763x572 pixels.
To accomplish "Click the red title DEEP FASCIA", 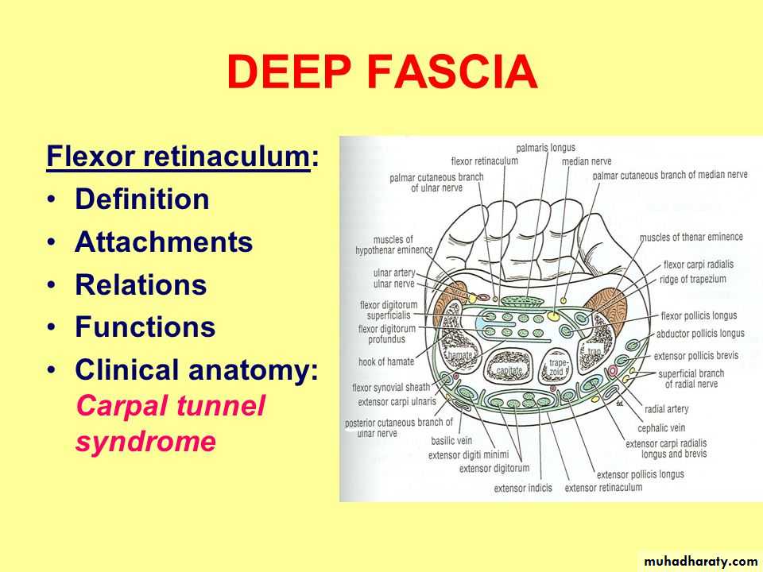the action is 382,72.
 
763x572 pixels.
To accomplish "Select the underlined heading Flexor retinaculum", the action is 178,157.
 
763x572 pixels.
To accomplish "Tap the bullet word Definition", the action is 142,199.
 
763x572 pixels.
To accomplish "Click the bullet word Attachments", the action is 164,242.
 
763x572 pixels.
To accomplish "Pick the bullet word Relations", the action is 141,284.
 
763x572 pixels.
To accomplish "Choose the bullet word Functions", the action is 145,327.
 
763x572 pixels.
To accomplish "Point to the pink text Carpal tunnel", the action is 171,405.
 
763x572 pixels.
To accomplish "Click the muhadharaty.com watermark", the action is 701,562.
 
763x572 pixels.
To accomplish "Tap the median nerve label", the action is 587,161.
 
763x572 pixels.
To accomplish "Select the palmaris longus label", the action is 545,148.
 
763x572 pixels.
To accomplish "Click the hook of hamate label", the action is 386,361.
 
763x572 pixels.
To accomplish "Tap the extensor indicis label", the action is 523,488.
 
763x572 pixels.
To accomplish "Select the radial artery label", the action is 667,409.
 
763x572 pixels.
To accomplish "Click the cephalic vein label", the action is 661,428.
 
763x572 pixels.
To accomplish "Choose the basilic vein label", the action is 451,441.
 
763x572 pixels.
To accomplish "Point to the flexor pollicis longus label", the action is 699,315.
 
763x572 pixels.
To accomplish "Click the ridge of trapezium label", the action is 693,279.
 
